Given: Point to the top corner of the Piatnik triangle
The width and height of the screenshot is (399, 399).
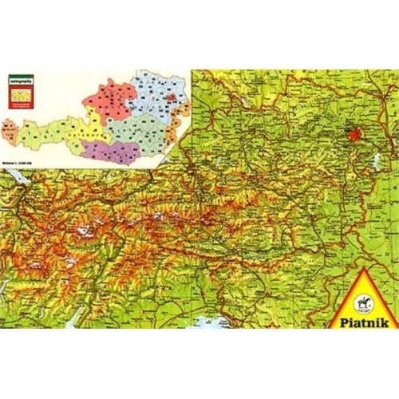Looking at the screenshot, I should pos(361,274).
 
